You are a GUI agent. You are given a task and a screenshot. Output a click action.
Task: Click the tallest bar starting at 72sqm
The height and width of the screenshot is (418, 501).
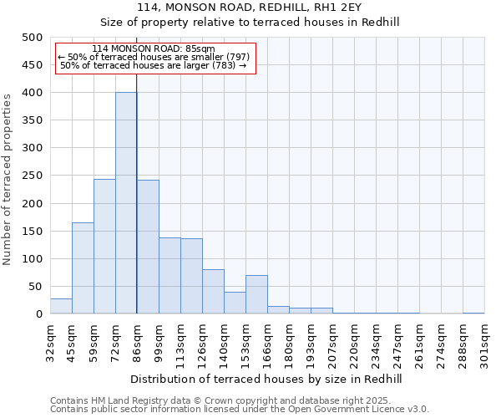tap(126, 203)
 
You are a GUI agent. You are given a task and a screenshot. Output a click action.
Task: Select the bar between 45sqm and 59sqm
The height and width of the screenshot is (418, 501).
tap(83, 268)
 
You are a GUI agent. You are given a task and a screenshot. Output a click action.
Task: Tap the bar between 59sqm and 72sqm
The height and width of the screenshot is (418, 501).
tap(104, 247)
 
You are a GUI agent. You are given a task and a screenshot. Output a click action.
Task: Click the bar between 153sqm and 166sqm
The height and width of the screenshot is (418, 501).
tap(256, 294)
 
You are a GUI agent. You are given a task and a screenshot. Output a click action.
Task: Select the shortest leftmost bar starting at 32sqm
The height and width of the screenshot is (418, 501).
tap(61, 306)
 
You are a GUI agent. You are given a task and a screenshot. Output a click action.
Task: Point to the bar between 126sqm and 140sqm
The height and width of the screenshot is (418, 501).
tap(213, 292)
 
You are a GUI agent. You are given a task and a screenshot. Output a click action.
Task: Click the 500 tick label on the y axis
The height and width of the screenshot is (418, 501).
tap(32, 38)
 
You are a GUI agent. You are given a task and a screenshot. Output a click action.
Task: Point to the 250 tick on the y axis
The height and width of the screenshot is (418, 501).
tap(32, 176)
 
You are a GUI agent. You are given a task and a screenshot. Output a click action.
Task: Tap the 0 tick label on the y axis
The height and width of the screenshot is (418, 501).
tap(38, 314)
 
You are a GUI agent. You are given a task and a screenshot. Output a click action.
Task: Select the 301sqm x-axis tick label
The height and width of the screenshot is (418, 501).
tap(484, 343)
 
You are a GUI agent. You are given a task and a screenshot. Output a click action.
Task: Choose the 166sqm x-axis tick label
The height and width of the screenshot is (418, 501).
tap(267, 343)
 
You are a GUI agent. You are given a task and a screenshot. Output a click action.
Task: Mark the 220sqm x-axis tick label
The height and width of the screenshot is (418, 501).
tap(354, 343)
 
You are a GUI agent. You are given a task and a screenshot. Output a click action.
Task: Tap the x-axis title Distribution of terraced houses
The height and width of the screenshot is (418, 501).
tap(266, 380)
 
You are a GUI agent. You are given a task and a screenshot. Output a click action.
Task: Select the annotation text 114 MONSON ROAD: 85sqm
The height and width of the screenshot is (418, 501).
tap(154, 49)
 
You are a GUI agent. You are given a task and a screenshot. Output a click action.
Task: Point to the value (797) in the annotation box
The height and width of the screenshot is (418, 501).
tap(236, 57)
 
